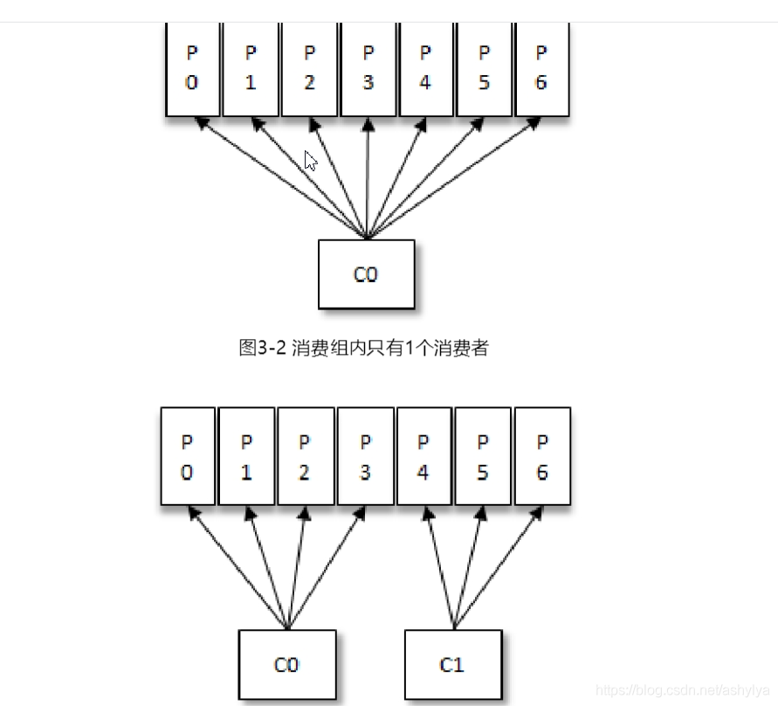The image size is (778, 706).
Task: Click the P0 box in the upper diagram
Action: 192,68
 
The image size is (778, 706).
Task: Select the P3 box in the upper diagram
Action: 368,68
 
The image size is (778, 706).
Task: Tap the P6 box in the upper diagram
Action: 541,68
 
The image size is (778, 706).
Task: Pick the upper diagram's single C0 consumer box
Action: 366,274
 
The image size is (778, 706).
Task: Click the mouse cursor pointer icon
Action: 310,161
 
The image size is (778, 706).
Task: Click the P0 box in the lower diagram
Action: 188,456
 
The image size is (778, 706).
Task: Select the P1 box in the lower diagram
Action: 246,456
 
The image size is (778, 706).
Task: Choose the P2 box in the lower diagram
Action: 305,456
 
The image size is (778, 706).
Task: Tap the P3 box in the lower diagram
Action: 365,456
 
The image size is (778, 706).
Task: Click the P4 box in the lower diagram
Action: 423,456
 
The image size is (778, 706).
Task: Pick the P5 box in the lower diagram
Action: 483,456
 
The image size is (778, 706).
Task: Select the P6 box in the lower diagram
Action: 542,456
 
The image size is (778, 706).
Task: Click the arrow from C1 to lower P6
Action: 497,568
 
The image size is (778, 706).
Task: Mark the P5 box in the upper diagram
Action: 484,68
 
